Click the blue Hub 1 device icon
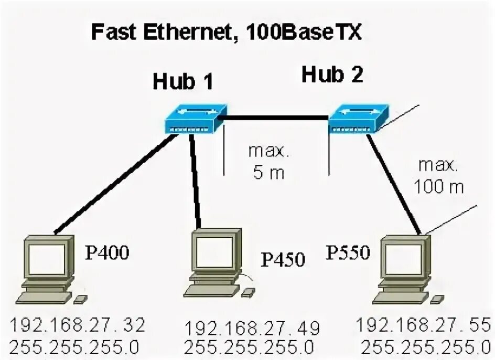[195, 119]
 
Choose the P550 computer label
[349, 253]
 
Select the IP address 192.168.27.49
[252, 329]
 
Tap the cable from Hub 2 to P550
[393, 184]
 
